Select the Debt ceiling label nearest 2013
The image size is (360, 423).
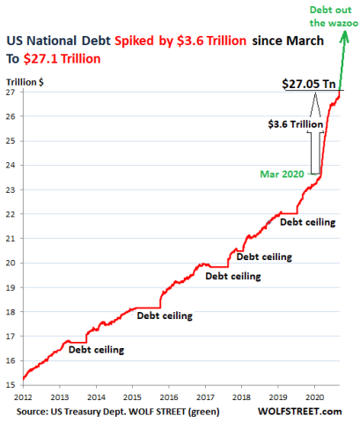tap(96, 350)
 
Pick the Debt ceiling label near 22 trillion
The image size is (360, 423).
tap(307, 222)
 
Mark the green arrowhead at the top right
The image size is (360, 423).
tap(342, 39)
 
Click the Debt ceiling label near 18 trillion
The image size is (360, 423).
tap(165, 315)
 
